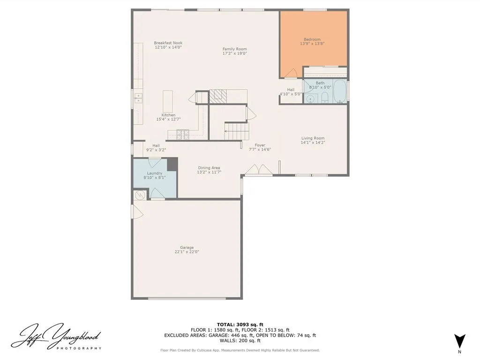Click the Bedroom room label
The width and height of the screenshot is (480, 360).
point(312,39)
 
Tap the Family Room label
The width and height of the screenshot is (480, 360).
point(234,49)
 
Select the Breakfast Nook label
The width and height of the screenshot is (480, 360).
point(168,43)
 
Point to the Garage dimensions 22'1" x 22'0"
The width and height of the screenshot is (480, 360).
point(187,252)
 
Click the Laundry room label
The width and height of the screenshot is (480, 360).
point(155,173)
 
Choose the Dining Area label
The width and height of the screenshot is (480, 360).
point(209,168)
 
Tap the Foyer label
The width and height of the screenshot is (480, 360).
point(260,145)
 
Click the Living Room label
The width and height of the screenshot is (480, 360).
point(313,138)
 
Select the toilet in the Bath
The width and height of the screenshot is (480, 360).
point(324,97)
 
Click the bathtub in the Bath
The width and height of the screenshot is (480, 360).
point(339,91)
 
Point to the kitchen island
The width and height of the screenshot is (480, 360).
point(168,101)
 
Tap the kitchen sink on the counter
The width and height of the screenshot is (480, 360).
point(138,98)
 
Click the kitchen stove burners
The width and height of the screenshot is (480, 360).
point(183,134)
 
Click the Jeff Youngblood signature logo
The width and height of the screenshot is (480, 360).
point(56,336)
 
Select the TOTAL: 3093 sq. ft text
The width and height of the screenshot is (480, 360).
point(240,324)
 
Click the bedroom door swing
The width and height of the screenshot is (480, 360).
point(291,73)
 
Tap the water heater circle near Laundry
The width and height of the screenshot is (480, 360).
point(139,195)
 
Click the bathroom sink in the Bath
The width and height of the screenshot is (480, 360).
point(310,98)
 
